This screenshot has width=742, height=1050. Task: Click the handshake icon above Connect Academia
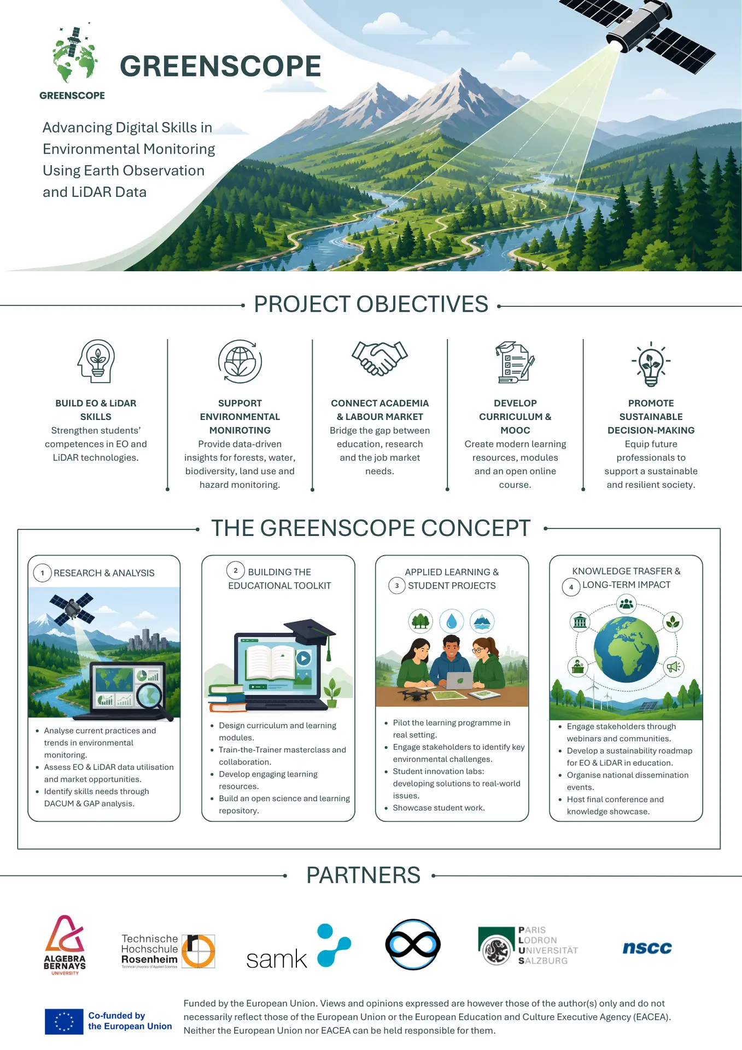pyautogui.click(x=379, y=358)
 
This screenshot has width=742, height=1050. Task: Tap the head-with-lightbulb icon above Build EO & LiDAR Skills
pyautogui.click(x=96, y=361)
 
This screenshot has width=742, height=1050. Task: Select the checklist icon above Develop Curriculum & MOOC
pyautogui.click(x=515, y=362)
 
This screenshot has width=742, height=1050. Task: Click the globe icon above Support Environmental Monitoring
pyautogui.click(x=240, y=361)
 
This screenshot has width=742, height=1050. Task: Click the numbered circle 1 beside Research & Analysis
pyautogui.click(x=42, y=573)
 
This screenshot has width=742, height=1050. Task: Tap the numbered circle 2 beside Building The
pyautogui.click(x=236, y=570)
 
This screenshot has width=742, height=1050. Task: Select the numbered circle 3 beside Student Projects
pyautogui.click(x=397, y=586)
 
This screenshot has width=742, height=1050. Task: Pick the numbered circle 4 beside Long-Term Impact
pyautogui.click(x=571, y=587)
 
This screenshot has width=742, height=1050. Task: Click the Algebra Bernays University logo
pyautogui.click(x=65, y=945)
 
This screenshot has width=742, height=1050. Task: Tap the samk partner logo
pyautogui.click(x=299, y=947)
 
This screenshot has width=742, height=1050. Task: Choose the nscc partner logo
pyautogui.click(x=647, y=948)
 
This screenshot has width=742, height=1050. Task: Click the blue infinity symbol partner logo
pyautogui.click(x=413, y=944)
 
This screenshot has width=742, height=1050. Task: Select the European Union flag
pyautogui.click(x=64, y=1022)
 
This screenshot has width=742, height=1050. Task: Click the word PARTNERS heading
pyautogui.click(x=364, y=876)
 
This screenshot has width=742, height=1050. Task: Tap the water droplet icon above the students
pyautogui.click(x=452, y=621)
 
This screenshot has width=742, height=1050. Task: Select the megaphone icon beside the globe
pyautogui.click(x=673, y=667)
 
